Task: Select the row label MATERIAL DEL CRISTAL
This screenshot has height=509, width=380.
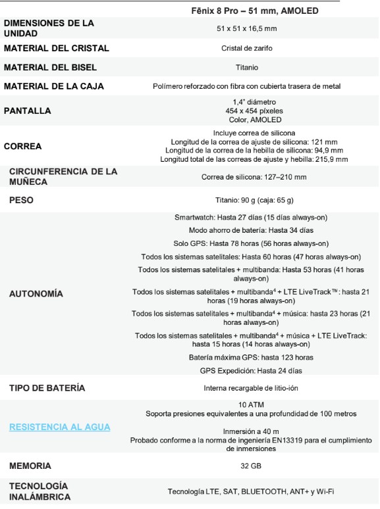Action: tap(57, 49)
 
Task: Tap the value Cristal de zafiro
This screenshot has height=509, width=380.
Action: tap(247, 49)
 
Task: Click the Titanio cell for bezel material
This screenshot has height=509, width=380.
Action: tap(247, 68)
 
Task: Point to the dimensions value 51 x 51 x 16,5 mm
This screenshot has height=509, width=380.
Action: tap(247, 28)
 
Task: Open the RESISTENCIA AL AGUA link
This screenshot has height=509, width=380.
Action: tap(60, 427)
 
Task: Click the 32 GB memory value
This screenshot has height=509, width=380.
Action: tap(247, 466)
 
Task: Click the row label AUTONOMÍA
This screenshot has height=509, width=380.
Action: tap(36, 294)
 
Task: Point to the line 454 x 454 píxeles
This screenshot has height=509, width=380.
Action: tap(247, 110)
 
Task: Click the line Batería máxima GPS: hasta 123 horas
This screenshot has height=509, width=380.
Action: tap(247, 357)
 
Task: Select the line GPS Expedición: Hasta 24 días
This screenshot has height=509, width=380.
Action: tap(247, 371)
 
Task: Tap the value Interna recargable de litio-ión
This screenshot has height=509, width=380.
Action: tap(247, 388)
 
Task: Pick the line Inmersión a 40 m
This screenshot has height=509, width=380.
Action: tap(247, 431)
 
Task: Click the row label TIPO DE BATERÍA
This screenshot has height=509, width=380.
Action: tap(47, 388)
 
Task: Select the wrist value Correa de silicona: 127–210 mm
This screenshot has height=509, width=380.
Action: tap(247, 177)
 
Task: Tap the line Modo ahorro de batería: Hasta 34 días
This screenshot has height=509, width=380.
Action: tap(247, 230)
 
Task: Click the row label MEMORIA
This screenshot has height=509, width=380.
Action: tap(30, 466)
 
